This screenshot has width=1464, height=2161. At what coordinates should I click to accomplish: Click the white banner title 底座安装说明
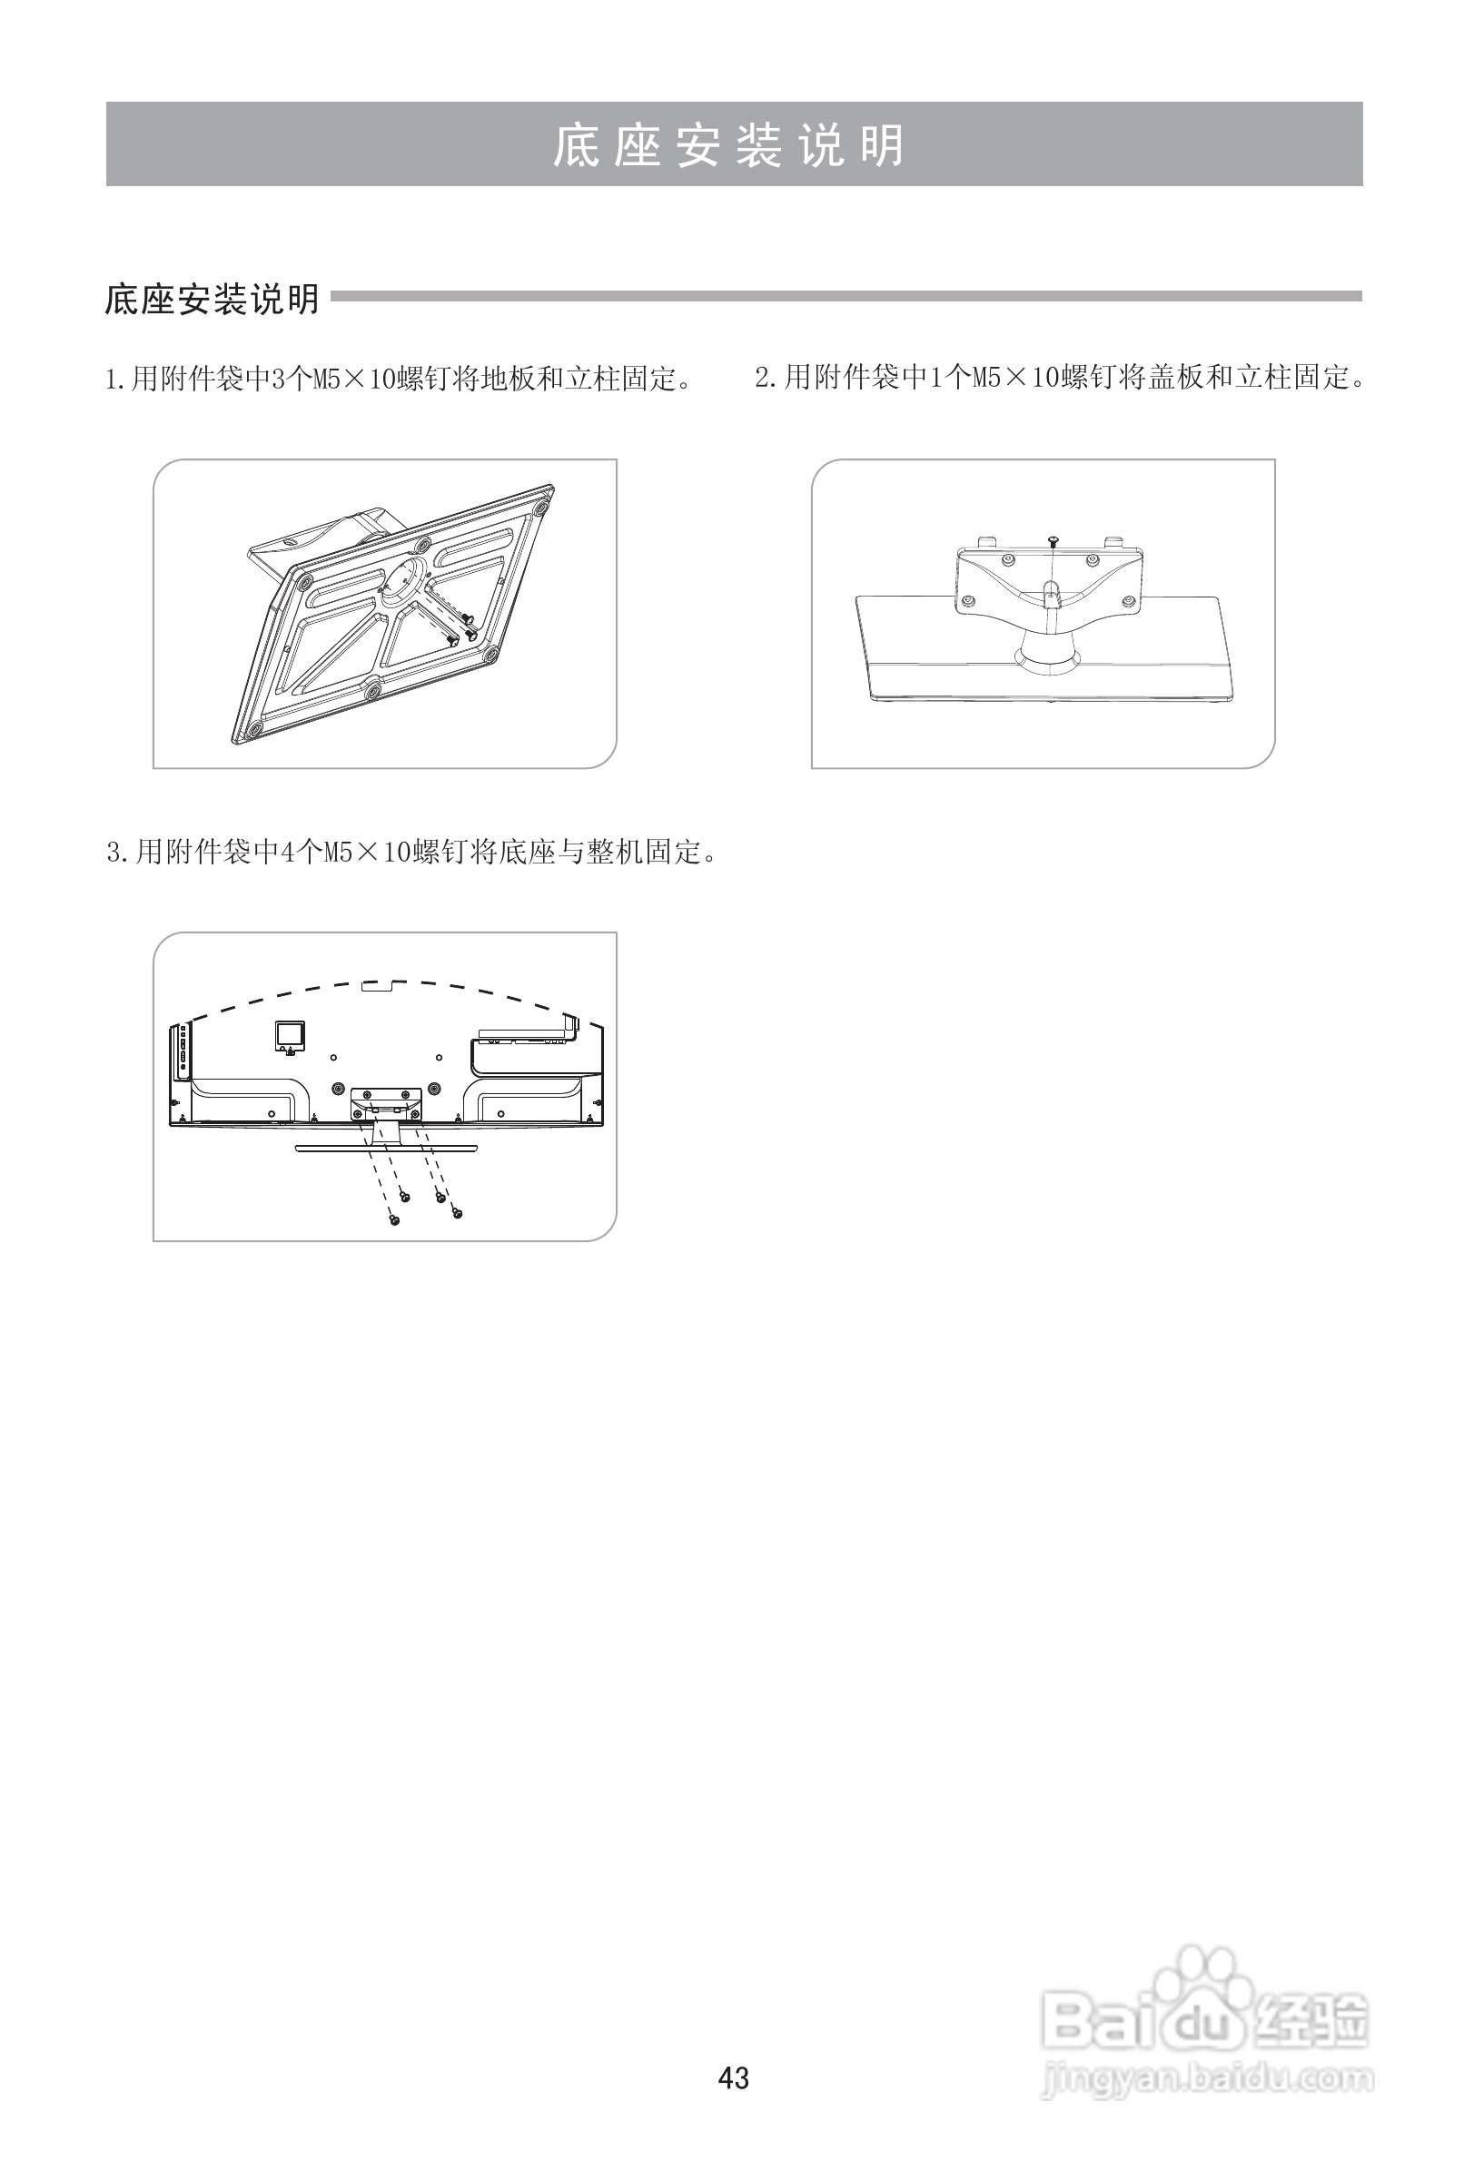click(731, 145)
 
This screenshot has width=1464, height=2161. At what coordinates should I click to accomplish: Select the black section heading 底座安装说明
click(213, 300)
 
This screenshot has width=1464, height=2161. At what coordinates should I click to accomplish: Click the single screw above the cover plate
click(1052, 539)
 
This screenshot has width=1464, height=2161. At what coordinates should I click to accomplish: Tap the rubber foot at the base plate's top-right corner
click(539, 506)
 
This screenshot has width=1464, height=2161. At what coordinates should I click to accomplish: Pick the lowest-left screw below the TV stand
click(394, 1219)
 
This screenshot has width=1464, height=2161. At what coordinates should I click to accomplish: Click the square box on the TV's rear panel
click(288, 1034)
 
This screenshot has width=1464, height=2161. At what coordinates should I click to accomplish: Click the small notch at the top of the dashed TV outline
click(383, 982)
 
